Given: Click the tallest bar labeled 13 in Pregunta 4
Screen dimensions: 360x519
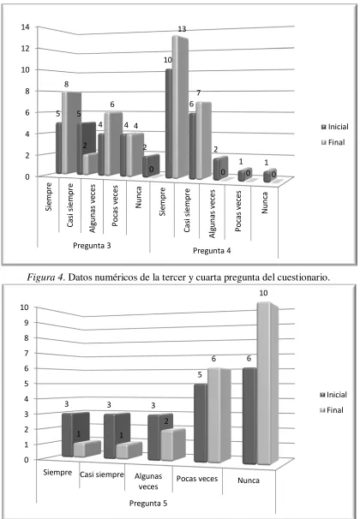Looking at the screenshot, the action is (x=180, y=107).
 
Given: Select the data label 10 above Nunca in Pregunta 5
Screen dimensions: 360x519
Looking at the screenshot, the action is (x=263, y=293).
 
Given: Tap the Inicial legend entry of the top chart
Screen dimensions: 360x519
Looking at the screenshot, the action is (x=334, y=127).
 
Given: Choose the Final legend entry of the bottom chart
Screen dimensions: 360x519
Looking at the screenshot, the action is (x=331, y=410).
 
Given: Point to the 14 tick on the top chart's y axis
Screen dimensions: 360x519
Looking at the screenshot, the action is (x=25, y=27).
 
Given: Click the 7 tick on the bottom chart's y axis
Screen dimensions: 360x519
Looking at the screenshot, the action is (x=27, y=353).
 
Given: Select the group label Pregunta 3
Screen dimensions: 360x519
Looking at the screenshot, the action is (x=92, y=246).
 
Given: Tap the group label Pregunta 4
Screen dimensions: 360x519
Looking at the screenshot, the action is (x=212, y=251).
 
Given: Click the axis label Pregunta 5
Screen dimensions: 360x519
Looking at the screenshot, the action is (x=148, y=503).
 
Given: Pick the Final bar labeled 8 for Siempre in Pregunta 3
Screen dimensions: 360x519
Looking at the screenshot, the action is (x=71, y=133).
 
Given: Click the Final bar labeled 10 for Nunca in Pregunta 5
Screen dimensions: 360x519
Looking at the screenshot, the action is (x=267, y=384).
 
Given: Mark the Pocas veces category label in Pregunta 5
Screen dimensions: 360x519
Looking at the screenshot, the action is (x=197, y=479).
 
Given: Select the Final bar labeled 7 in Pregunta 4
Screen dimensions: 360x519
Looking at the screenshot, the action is (x=203, y=141).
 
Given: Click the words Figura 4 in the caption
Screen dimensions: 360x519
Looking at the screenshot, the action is (x=45, y=277).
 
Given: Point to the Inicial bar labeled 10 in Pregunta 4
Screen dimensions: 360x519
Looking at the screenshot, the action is (x=169, y=123).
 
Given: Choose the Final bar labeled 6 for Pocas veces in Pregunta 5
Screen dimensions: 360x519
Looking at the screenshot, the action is (x=219, y=415).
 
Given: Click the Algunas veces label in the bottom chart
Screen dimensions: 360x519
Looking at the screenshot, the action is (x=148, y=481).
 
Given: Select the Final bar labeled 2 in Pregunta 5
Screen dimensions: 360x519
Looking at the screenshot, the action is (x=173, y=444).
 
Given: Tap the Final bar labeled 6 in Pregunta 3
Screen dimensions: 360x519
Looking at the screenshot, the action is (x=113, y=144).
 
